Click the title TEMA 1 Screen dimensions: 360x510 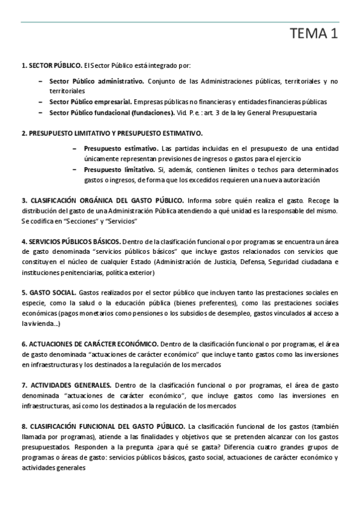[x=314, y=35]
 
